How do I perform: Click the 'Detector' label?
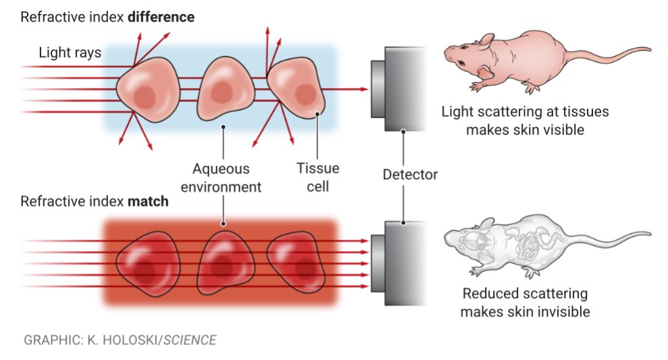[x=410, y=174]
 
